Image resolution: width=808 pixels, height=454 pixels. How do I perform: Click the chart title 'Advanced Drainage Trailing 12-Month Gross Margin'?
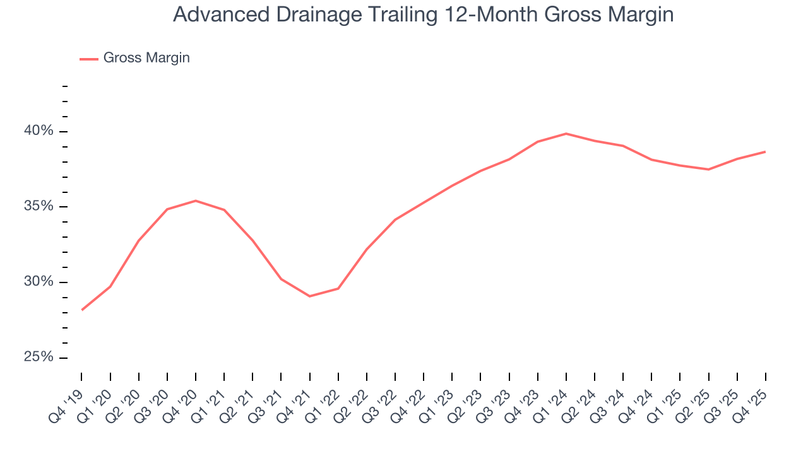[x=423, y=15]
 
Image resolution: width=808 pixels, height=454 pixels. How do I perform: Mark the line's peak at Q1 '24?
[x=566, y=134]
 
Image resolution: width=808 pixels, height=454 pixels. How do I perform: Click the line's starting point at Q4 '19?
[x=82, y=310]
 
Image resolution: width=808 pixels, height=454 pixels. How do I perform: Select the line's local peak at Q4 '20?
[x=196, y=201]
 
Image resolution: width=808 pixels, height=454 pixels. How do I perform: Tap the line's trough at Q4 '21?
[x=310, y=296]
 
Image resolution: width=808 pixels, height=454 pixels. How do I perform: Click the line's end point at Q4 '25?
[x=765, y=152]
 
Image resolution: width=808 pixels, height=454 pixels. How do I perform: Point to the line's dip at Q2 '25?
[x=708, y=169]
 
